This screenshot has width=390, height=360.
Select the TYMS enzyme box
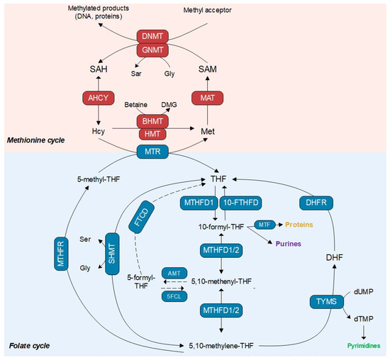coord(328,303)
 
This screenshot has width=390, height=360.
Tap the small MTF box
coord(266,225)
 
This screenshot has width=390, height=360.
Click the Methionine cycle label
coord(35,140)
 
